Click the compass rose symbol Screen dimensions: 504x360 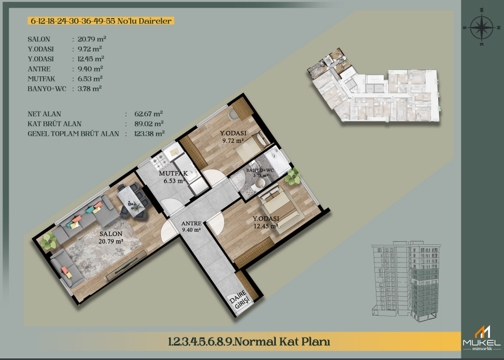(x=481, y=27)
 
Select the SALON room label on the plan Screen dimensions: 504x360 (x=111, y=233)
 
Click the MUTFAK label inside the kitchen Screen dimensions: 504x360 (x=173, y=174)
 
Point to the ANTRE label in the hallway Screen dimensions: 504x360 (x=191, y=224)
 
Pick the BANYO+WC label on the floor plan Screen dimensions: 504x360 (x=260, y=170)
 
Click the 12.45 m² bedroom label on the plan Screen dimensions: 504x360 (x=265, y=226)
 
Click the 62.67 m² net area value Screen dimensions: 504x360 (x=148, y=114)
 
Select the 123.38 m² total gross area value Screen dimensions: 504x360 (x=149, y=133)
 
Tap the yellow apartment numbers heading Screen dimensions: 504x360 (x=101, y=21)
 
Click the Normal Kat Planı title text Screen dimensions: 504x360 (x=249, y=341)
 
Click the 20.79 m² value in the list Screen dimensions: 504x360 (x=92, y=39)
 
